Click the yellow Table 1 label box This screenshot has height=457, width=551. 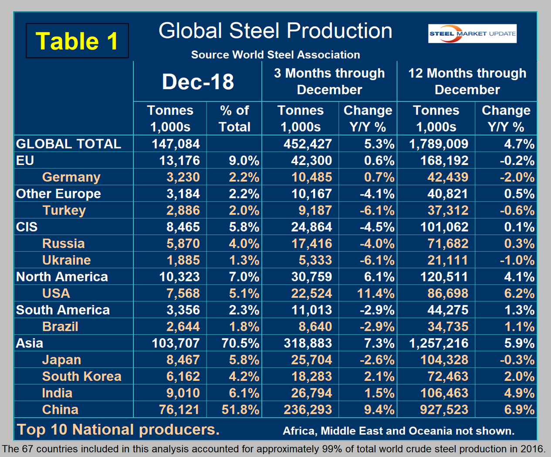(77, 41)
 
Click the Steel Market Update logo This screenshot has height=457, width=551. (472, 34)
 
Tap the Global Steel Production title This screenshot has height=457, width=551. (275, 31)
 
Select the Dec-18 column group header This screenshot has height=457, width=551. (198, 81)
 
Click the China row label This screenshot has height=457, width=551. (60, 410)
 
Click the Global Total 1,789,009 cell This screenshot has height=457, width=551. (438, 144)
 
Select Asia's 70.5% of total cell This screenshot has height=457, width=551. (240, 343)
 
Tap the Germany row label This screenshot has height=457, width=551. (71, 177)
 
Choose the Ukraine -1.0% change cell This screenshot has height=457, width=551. (517, 260)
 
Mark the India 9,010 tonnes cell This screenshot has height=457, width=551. (183, 393)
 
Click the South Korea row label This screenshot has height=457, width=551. (81, 376)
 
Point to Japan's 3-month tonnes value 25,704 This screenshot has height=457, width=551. (311, 360)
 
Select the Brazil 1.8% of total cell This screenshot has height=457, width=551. (244, 326)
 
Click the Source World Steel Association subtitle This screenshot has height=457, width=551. (275, 55)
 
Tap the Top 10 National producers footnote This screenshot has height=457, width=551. (118, 430)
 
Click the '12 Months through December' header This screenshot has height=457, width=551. (467, 81)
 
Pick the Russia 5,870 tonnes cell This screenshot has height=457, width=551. (183, 244)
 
